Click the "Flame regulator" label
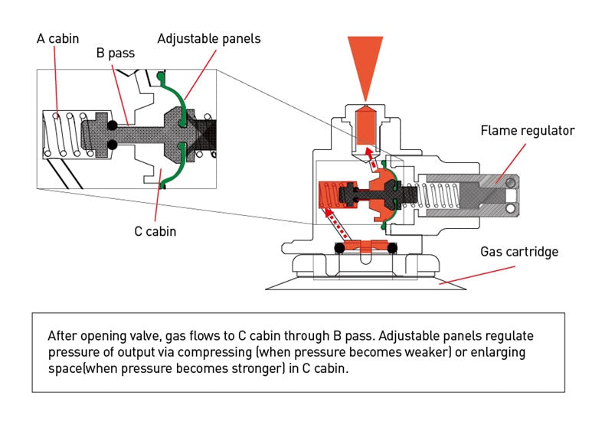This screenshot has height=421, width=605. [527, 131]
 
